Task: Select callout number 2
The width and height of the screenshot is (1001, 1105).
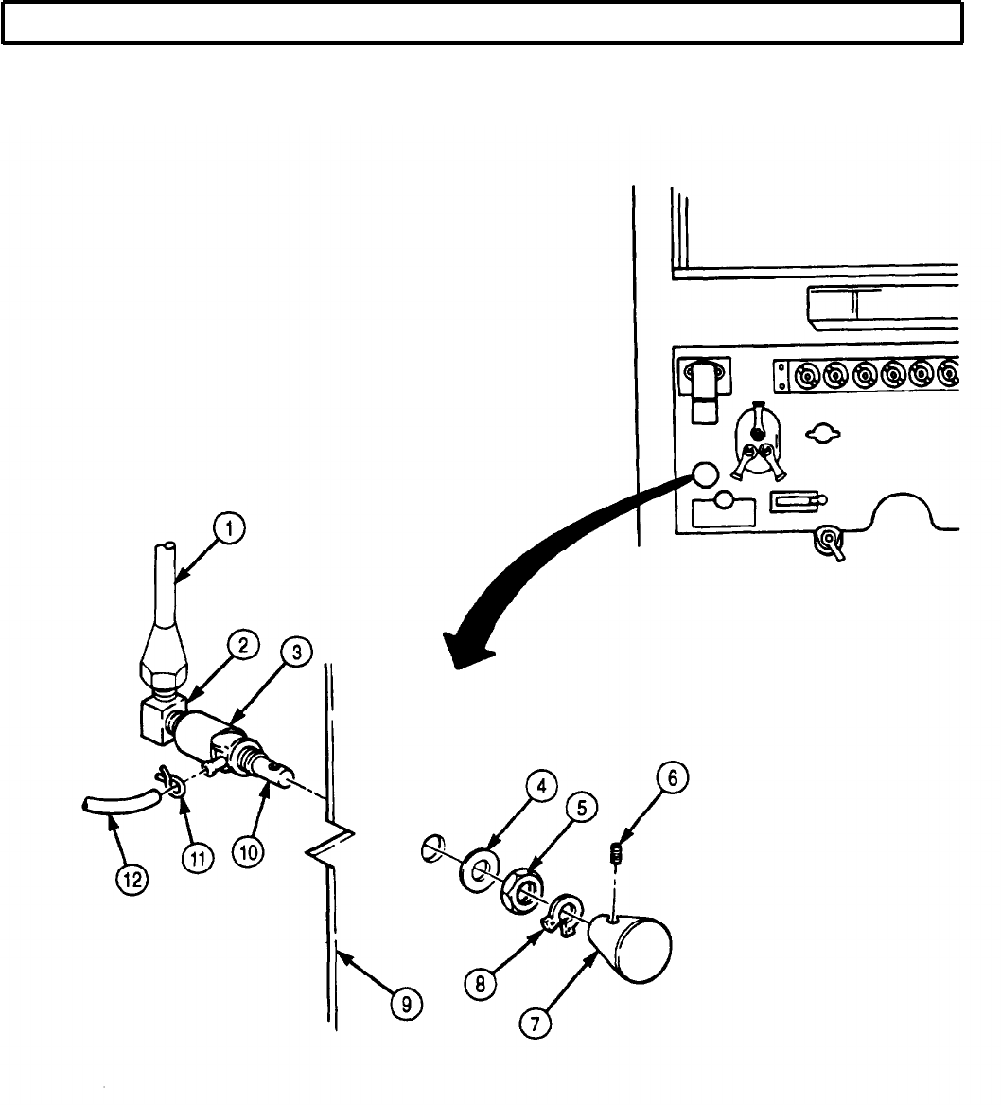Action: [244, 646]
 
